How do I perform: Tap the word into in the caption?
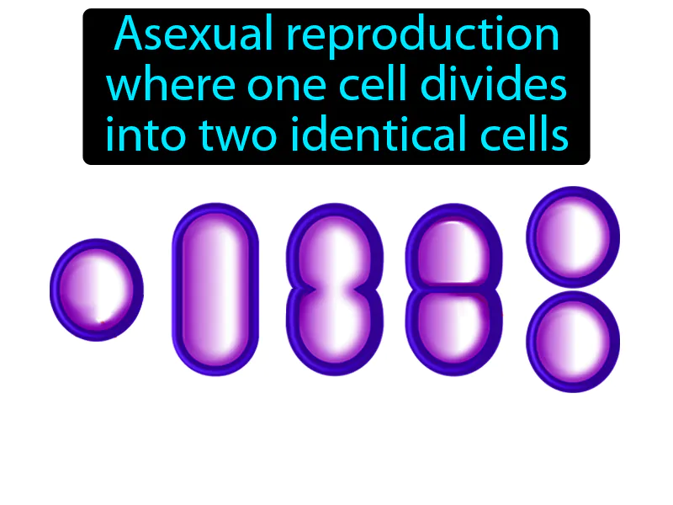point(140,135)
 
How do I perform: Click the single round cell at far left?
point(96,290)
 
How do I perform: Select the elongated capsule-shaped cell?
point(215,289)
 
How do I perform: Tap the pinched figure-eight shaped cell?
point(335,289)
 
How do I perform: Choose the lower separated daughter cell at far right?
point(573,341)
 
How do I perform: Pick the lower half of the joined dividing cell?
point(454,328)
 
